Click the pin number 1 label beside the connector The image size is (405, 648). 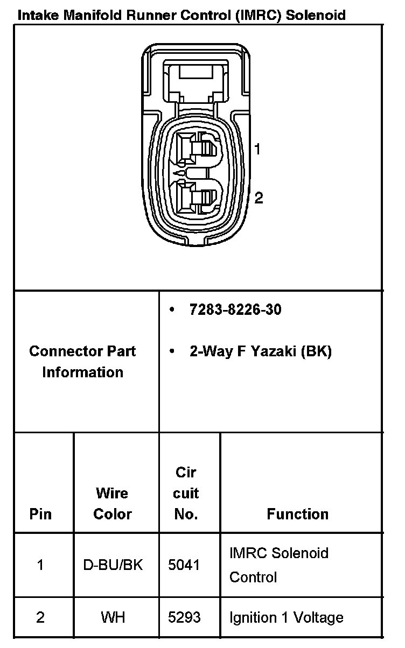(258, 149)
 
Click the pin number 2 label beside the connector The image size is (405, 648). (259, 198)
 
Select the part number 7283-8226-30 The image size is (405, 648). (235, 310)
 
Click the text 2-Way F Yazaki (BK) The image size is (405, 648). (260, 351)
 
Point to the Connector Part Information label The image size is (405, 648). (82, 361)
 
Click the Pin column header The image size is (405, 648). (40, 514)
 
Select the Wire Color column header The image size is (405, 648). (112, 503)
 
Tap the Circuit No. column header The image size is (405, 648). (186, 493)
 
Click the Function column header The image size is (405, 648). (297, 514)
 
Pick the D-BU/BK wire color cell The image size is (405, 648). (113, 565)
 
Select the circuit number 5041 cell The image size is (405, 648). (184, 565)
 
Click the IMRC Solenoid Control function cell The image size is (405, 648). (278, 565)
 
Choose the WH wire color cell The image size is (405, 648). (113, 617)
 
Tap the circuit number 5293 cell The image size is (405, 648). (184, 617)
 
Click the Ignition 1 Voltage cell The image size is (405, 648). (286, 617)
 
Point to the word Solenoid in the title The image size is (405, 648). (316, 15)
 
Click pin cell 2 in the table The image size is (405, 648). (40, 617)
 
